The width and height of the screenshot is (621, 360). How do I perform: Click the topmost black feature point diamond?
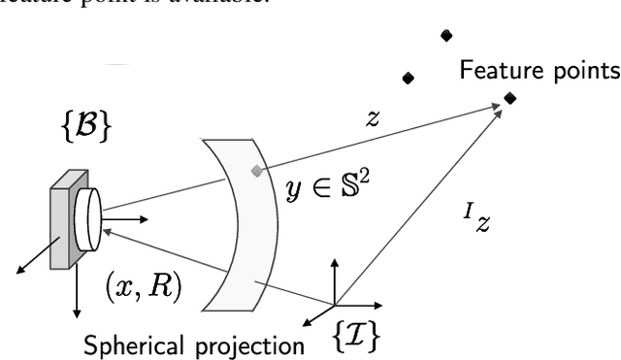(x=446, y=36)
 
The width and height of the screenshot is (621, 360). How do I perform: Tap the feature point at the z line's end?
(x=510, y=97)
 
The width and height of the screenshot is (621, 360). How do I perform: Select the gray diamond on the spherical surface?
(x=256, y=171)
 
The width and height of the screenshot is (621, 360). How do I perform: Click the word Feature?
(x=499, y=71)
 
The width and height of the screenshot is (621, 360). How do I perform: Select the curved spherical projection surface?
(x=238, y=223)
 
